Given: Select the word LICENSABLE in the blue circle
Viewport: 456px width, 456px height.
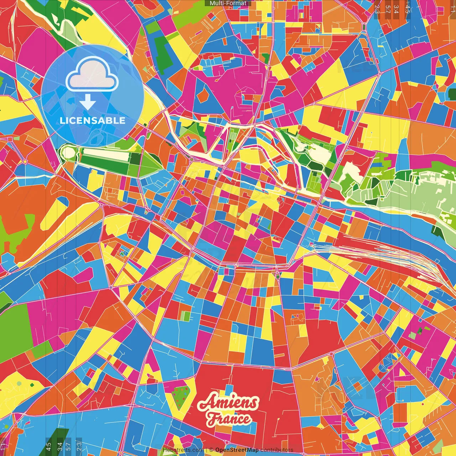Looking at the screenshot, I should [93, 120].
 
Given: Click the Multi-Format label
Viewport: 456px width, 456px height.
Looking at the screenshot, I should [228, 3].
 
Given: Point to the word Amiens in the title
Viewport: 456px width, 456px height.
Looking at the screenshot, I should [228, 403].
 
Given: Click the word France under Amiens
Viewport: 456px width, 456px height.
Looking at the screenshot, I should [229, 419].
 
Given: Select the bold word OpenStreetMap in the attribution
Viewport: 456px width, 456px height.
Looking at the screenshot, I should [237, 450].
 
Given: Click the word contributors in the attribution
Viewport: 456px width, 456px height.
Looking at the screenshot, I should [277, 450].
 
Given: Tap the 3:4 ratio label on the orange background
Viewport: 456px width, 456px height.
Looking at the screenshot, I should [396, 9].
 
